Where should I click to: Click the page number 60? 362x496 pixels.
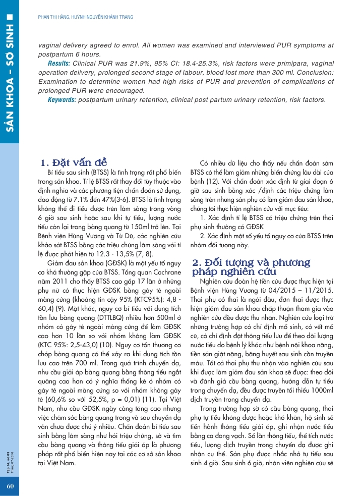coord(10,486)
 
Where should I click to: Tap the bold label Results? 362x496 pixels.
coord(59,65)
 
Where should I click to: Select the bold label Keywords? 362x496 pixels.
coord(62,100)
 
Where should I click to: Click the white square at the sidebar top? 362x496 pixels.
coord(10,23)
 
